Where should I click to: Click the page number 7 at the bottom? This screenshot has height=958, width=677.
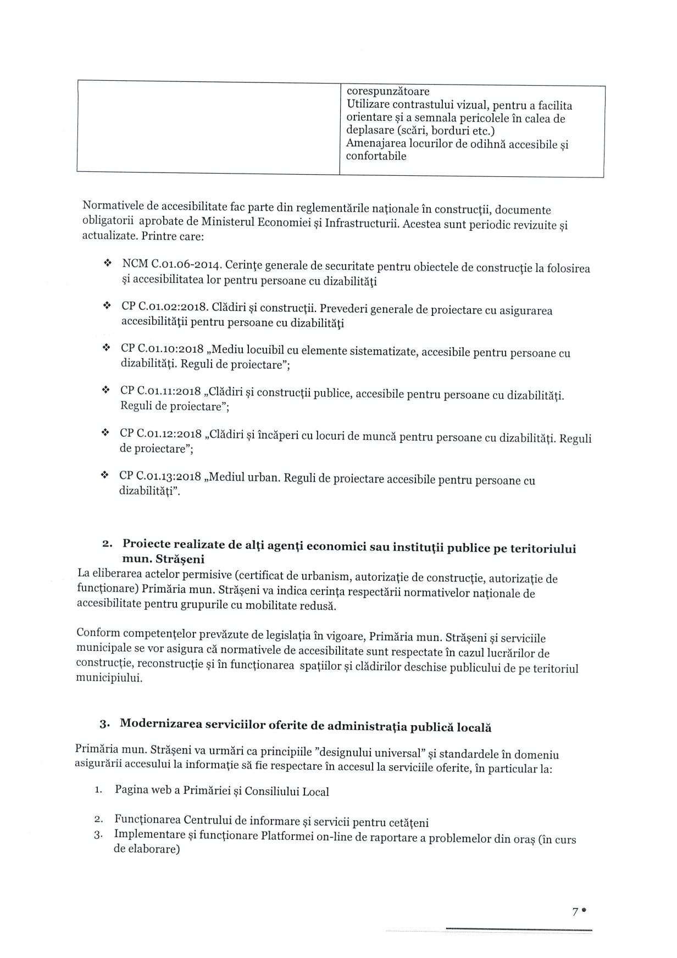575,911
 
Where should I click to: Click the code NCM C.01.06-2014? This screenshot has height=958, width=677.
171,265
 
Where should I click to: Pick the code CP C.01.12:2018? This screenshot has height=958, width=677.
160,433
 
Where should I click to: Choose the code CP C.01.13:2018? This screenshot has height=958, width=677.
160,475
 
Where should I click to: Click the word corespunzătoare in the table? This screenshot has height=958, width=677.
388,91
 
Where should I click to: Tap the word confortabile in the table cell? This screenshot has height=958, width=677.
376,156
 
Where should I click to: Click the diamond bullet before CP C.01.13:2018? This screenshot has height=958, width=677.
104,475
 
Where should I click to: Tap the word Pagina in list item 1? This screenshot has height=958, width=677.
132,790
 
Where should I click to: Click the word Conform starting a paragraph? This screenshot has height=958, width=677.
98,633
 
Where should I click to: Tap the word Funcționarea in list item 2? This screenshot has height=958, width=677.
148,820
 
